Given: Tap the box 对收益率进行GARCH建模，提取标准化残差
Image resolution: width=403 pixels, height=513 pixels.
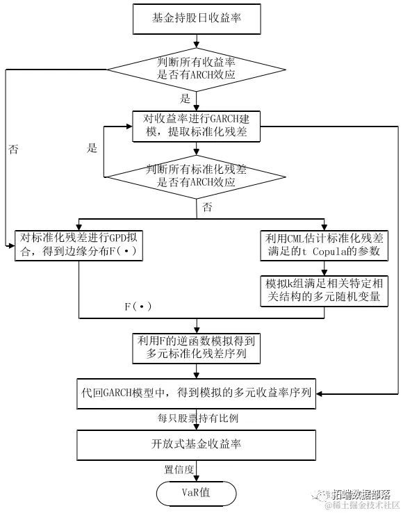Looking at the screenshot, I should coord(197,126).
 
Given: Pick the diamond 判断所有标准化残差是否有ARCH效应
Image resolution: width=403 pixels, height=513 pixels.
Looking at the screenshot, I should coord(197,175).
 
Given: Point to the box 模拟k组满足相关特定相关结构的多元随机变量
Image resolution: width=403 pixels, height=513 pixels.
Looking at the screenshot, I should coord(322,291).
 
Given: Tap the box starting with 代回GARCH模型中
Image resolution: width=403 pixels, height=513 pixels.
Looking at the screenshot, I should coord(197,393).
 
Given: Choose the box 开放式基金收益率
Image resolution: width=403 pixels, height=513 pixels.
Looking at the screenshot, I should coord(197,444).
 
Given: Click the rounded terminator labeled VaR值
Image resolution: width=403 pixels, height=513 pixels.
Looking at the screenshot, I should coord(197,493).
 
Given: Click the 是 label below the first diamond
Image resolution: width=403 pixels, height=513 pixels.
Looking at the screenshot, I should coord(185,98).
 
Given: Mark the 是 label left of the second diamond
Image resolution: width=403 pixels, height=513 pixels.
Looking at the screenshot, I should coord(92,148).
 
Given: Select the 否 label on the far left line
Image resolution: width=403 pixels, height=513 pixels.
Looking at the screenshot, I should coord(14,149).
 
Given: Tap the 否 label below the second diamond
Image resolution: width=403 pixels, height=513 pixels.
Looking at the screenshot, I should coord(207,207).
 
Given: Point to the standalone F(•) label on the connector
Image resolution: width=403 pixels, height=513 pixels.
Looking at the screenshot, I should coord(138,306).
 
